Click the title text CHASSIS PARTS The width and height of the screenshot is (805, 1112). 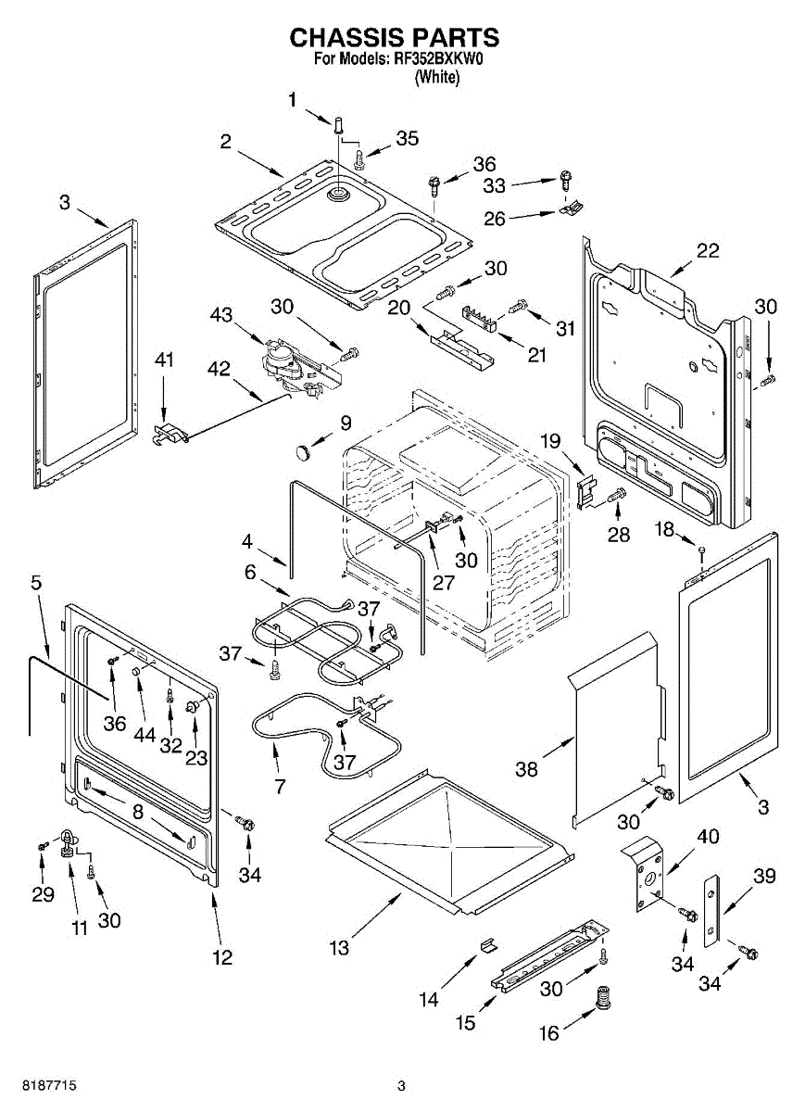tap(394, 37)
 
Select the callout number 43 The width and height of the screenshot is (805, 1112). tap(220, 314)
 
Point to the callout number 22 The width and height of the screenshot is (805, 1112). tap(707, 250)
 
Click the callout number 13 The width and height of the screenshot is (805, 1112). tap(339, 948)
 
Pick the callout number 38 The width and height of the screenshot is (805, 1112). tap(526, 769)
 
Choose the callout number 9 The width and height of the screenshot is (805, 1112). tap(346, 423)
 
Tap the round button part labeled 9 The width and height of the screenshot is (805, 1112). tap(303, 452)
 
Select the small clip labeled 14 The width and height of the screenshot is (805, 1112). tap(487, 945)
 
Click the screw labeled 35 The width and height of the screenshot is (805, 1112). tap(358, 159)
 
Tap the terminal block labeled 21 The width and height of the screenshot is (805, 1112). tap(480, 318)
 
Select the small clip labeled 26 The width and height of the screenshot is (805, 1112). tap(572, 207)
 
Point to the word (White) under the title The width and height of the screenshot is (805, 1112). tap(437, 77)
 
